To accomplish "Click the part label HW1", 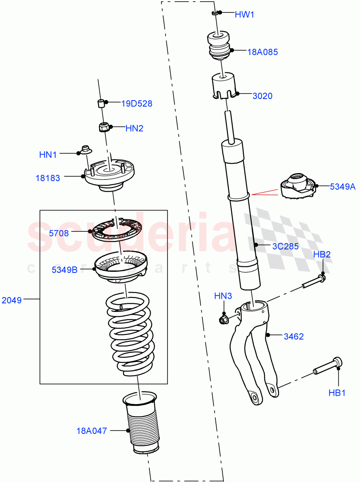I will click(244, 15).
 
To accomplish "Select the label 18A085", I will click(262, 52).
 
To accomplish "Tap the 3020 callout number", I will click(262, 96).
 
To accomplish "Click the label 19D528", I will click(137, 103).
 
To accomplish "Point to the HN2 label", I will click(134, 128).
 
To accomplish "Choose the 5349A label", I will click(343, 186).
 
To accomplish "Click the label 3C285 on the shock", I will click(285, 246).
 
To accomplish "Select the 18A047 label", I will click(92, 431).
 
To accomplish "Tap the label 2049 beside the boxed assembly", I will click(12, 300).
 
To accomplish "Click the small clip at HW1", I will click(215, 13).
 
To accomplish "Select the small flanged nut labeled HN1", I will click(86, 150).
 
